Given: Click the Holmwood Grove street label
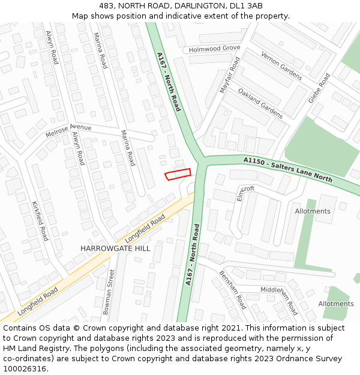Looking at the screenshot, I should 214,49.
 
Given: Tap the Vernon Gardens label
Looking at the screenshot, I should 281,65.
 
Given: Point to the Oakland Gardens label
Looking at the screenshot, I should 260,103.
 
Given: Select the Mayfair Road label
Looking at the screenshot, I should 230,75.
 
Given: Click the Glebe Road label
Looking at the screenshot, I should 319,88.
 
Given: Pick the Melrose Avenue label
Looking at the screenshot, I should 68,131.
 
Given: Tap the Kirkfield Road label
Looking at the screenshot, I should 40,221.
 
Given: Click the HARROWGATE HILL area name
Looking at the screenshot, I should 115,248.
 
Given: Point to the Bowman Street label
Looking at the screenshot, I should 108,292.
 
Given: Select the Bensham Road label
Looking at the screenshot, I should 232,289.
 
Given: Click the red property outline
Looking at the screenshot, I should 178,174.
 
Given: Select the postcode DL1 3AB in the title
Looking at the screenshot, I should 247,6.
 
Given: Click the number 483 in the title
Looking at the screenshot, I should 107,6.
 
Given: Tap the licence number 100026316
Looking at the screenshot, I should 25,369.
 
